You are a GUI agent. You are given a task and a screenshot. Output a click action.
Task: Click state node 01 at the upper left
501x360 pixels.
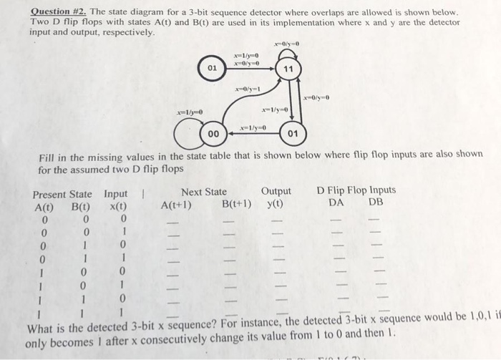click(212, 68)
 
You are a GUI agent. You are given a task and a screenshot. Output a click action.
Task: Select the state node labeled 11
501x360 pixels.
click(288, 69)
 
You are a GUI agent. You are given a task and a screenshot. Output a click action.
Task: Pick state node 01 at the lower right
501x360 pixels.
click(291, 133)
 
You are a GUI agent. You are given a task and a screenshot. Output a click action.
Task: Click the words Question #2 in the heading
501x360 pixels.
click(57, 12)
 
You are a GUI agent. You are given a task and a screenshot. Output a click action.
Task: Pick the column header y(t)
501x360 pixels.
click(275, 203)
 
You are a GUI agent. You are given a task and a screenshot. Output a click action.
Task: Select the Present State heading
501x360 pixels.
click(62, 194)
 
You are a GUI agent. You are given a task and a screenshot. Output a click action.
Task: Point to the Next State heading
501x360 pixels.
click(204, 191)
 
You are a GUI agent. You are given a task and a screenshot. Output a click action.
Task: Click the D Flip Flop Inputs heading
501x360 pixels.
click(356, 190)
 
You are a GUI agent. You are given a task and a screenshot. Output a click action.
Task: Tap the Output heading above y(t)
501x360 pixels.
click(276, 191)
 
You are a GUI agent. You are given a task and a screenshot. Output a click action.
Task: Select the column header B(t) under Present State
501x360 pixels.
click(79, 206)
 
